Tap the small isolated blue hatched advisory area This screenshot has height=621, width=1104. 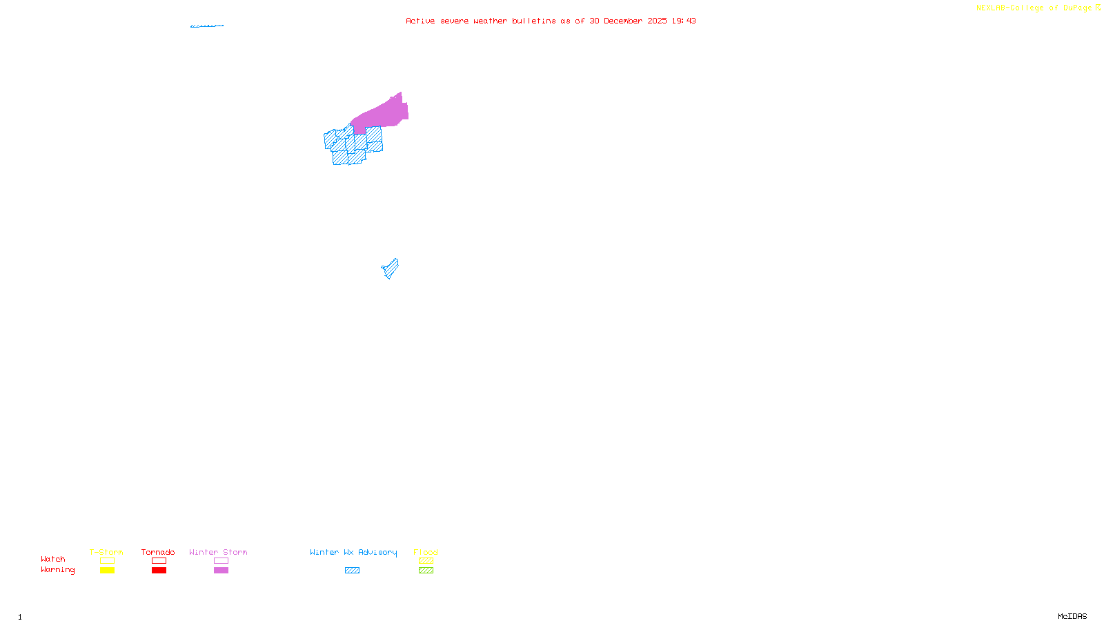click(x=391, y=268)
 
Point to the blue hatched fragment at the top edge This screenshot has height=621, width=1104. click(x=207, y=26)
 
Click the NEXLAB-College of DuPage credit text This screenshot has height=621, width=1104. click(x=1034, y=8)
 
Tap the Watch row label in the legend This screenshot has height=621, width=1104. click(x=53, y=560)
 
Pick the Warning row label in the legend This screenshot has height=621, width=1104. click(x=57, y=570)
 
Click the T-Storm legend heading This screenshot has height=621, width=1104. click(x=106, y=552)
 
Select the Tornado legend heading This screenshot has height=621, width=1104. click(x=158, y=552)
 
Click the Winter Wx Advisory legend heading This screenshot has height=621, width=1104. click(x=353, y=552)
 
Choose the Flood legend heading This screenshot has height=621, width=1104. click(x=426, y=552)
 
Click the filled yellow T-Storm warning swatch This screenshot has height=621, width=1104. click(x=107, y=571)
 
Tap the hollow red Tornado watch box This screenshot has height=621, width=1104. click(x=159, y=561)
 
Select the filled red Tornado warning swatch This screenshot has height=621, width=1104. click(x=159, y=571)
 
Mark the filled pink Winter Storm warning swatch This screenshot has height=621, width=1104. click(x=221, y=571)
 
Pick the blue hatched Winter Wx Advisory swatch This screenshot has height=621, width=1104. click(x=352, y=571)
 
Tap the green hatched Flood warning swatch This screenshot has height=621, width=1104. click(x=426, y=571)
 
